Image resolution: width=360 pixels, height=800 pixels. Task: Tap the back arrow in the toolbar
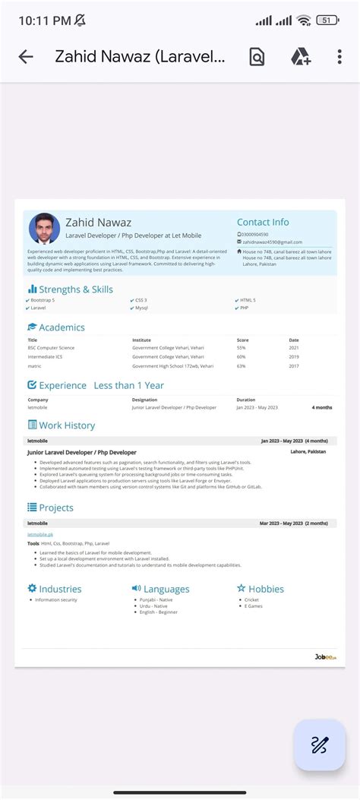coord(26,57)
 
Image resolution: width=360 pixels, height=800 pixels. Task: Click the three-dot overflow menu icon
coord(339,57)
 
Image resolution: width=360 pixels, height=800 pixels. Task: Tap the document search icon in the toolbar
coord(257,57)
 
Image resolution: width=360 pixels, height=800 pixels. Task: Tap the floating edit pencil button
coord(320,745)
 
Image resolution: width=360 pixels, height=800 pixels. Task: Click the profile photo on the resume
coord(44,229)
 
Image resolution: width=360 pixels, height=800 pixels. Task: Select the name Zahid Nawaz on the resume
coord(98,223)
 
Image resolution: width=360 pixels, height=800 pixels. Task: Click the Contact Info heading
coord(263,222)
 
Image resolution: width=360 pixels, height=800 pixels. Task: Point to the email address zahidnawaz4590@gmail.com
coord(271,242)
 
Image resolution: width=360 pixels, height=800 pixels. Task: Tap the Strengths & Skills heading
coord(75,289)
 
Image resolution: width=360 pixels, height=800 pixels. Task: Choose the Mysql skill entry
coord(141,308)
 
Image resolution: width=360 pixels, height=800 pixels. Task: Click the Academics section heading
coord(62,327)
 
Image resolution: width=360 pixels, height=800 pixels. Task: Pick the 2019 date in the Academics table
coord(294,356)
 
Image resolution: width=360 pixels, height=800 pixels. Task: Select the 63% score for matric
coord(242,365)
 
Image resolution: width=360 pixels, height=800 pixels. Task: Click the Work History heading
coord(67,425)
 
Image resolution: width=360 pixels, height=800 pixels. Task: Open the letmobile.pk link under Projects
coord(40,534)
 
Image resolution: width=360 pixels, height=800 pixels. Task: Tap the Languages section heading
coord(166,589)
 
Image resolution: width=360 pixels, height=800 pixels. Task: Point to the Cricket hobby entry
coord(251,599)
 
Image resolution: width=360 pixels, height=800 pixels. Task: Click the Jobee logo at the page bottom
coord(325,657)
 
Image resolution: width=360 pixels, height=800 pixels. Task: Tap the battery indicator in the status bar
coord(328,21)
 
